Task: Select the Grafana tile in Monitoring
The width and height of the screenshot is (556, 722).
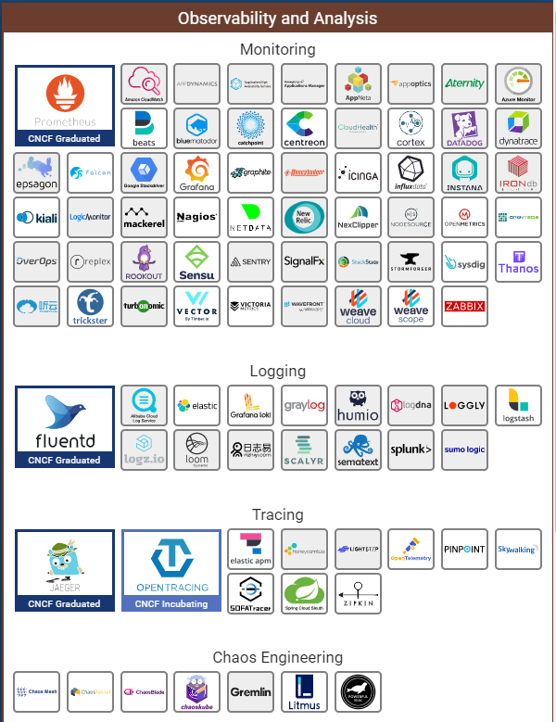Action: [197, 172]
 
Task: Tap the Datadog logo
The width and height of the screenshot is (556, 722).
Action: [464, 128]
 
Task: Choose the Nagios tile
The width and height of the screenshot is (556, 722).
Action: [197, 217]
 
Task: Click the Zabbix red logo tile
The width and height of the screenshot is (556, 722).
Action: [464, 306]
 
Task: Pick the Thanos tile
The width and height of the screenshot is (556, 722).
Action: [518, 261]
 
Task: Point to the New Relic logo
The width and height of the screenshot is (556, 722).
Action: [305, 217]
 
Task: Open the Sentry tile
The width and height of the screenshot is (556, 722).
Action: [251, 261]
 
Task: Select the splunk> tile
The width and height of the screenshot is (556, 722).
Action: [411, 450]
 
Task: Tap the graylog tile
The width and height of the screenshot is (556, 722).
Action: [305, 405]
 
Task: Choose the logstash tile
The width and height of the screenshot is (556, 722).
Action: [518, 405]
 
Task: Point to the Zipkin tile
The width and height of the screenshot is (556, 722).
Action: [358, 593]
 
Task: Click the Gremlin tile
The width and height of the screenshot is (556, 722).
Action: [251, 692]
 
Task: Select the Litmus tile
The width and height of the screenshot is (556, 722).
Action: [305, 692]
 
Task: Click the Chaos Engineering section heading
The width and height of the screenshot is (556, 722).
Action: [278, 657]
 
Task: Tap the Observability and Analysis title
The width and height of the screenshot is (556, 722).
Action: [278, 18]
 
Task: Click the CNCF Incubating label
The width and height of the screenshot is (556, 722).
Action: [171, 603]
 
